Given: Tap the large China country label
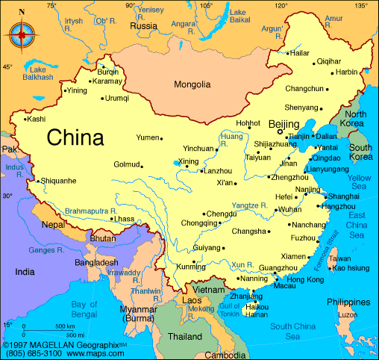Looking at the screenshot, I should (75, 137).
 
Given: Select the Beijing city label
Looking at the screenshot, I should (284, 124).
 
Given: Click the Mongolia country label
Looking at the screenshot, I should (192, 84).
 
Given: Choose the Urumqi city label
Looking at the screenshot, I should (116, 98).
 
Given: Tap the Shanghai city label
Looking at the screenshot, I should (344, 196).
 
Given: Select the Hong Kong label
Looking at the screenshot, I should (305, 279).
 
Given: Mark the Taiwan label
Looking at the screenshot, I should (339, 258).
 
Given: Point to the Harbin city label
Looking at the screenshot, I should (346, 72).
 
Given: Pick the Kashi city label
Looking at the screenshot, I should (36, 119).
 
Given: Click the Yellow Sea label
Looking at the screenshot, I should (359, 181).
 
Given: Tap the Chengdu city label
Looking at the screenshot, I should (222, 214).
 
